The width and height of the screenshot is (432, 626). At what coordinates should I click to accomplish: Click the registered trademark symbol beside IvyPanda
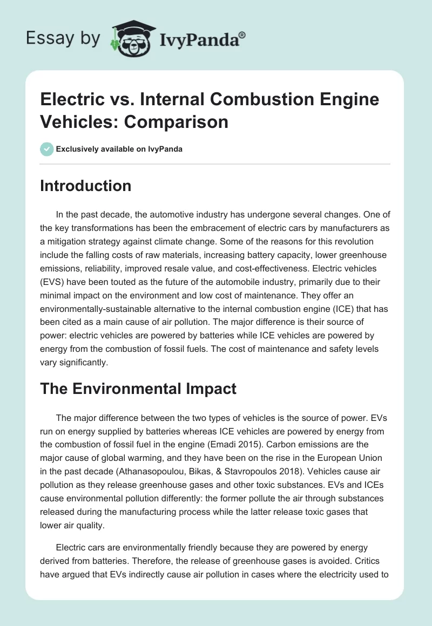[x=242, y=35]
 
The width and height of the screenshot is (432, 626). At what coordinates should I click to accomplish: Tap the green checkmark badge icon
[x=46, y=149]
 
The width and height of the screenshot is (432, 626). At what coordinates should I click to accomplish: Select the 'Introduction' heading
[x=86, y=186]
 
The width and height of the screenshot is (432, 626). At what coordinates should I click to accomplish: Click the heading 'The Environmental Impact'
[x=138, y=389]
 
